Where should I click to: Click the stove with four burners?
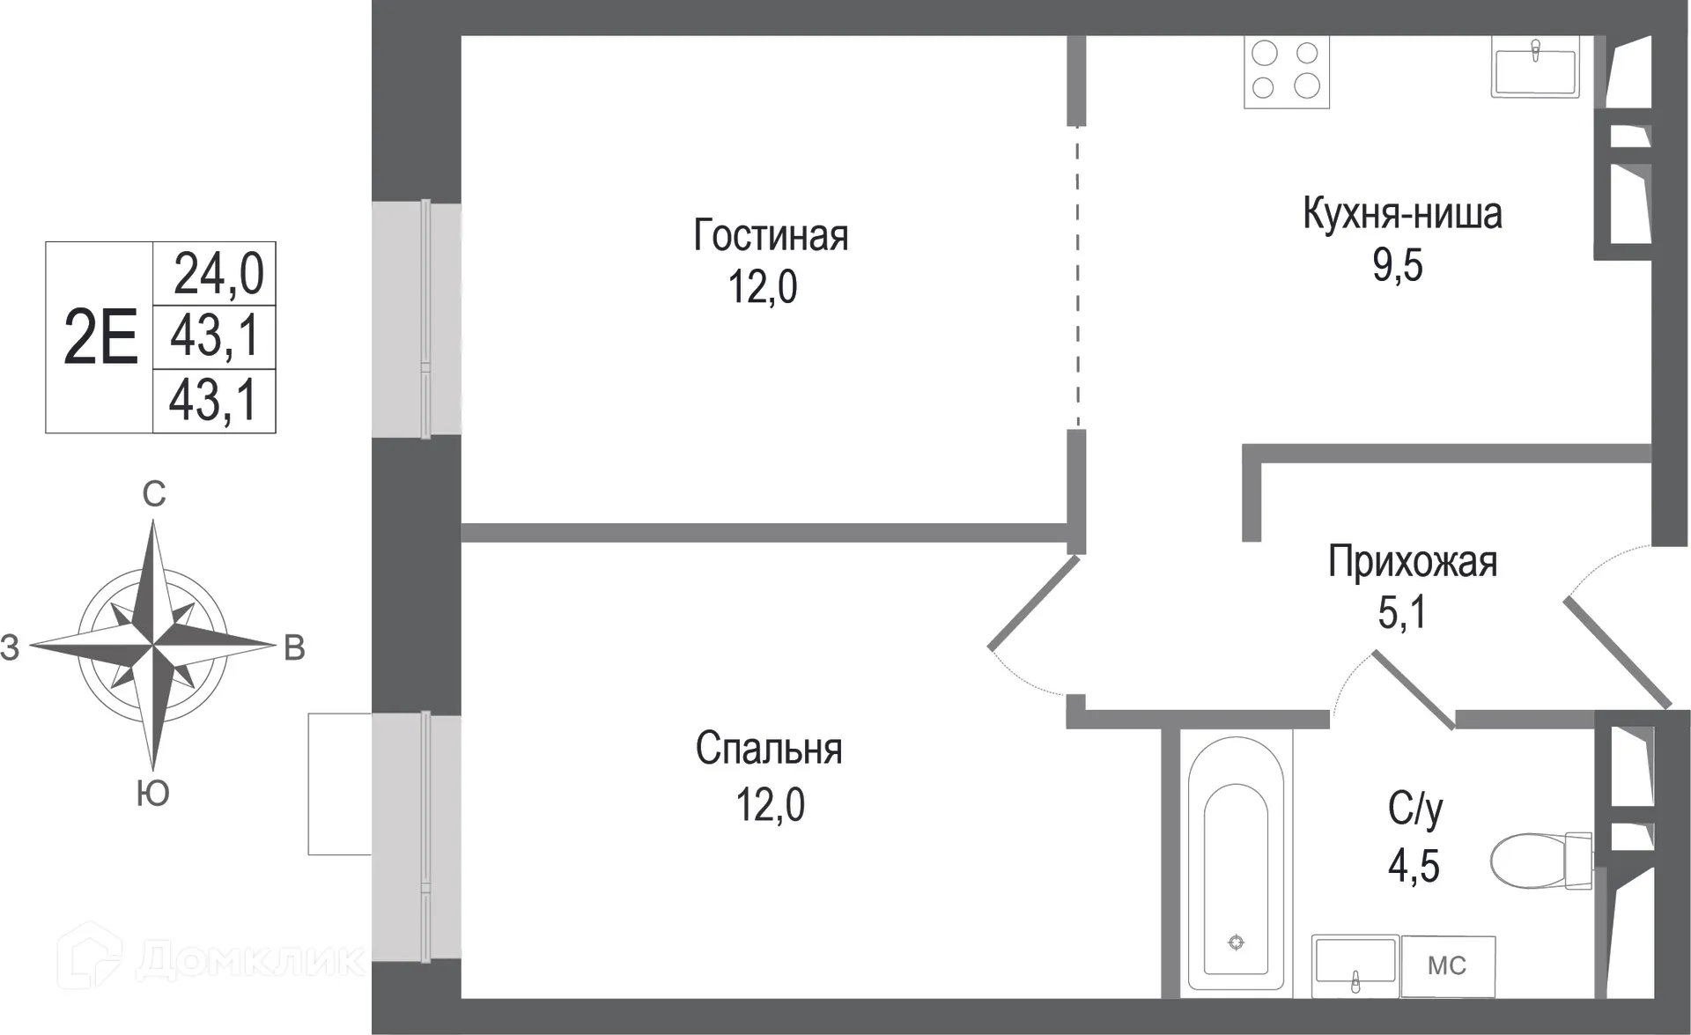pyautogui.click(x=1286, y=71)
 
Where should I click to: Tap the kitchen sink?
pyautogui.click(x=1535, y=65)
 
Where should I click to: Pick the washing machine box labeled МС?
pyautogui.click(x=1447, y=966)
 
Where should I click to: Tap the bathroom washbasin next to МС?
pyautogui.click(x=1355, y=965)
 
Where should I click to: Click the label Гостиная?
pyautogui.click(x=771, y=236)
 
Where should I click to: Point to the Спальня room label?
pyautogui.click(x=769, y=750)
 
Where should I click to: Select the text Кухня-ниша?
pyautogui.click(x=1402, y=214)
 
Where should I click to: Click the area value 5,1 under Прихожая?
pyautogui.click(x=1402, y=612)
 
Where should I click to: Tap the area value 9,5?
pyautogui.click(x=1398, y=264)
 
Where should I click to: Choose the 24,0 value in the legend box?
pyautogui.click(x=218, y=273)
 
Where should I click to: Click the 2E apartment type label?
pyautogui.click(x=100, y=338)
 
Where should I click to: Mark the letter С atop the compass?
pyautogui.click(x=154, y=495)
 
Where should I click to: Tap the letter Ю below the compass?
pyautogui.click(x=153, y=794)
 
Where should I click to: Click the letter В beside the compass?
pyautogui.click(x=294, y=648)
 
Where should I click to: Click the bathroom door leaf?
pyautogui.click(x=1414, y=691)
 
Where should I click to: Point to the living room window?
pyautogui.click(x=416, y=319)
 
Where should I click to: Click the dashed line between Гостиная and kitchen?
pyautogui.click(x=1077, y=277)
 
